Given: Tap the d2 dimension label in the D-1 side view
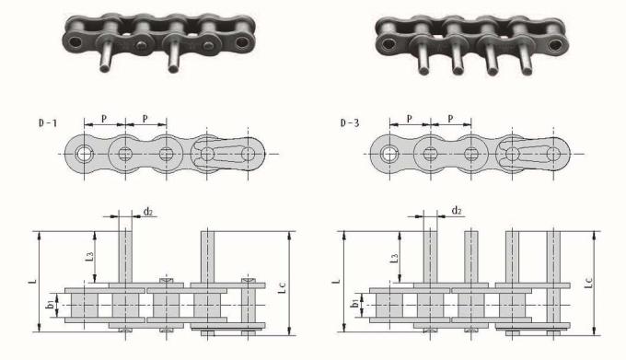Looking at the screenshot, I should click(147, 212).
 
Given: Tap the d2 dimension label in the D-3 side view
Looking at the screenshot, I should click(456, 211).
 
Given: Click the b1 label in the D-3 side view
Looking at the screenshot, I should click(354, 304).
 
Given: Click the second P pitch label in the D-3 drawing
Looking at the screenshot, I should click(450, 120).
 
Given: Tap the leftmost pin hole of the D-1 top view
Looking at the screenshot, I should click(86, 154).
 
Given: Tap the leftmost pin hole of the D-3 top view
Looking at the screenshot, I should click(389, 154).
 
